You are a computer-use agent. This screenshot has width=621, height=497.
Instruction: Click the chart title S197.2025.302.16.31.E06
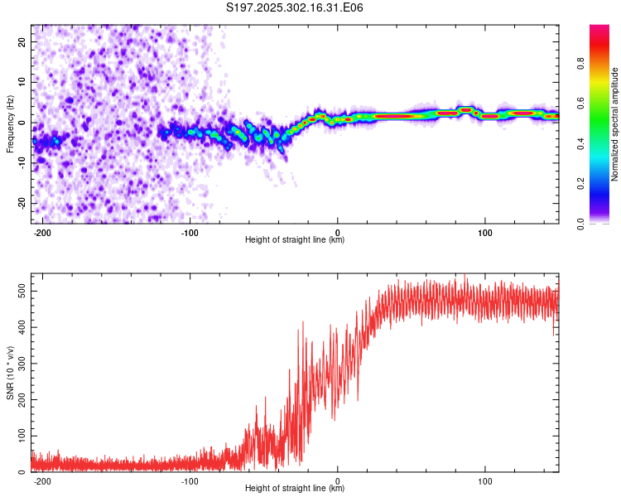(x=295, y=7)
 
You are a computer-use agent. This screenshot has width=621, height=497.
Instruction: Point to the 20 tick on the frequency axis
(x=22, y=41)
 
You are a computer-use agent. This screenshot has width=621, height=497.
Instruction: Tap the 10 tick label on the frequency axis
(x=22, y=82)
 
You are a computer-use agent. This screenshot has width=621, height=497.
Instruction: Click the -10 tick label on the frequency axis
(x=20, y=163)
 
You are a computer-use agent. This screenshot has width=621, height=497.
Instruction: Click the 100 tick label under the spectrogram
(x=485, y=233)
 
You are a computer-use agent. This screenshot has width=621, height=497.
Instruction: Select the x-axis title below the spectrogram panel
(x=295, y=240)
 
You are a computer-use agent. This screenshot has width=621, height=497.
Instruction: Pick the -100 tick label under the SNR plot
(x=189, y=481)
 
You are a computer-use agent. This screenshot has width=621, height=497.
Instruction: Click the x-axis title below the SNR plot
(x=295, y=489)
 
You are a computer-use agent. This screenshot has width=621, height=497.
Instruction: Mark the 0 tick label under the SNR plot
(x=337, y=481)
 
